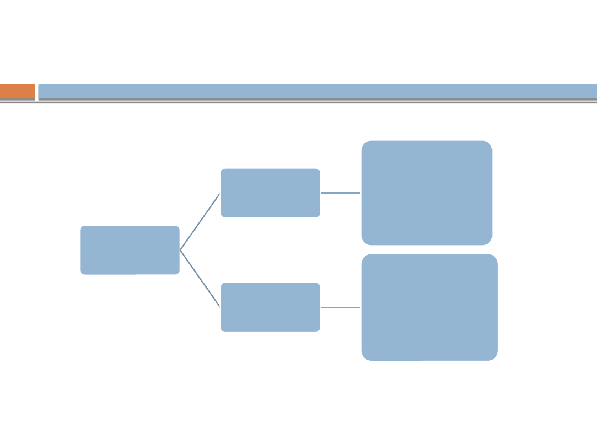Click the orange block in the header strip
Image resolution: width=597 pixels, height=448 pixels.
pos(17,91)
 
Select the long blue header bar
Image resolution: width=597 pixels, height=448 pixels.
pos(317,91)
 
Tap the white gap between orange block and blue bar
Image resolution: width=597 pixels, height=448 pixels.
pos(36,91)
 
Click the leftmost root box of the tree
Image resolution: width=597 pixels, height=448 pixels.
pos(130,250)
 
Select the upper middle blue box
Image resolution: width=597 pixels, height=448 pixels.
pos(270,193)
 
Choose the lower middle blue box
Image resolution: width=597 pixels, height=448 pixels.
pos(270,308)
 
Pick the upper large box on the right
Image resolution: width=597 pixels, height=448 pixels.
pos(427,193)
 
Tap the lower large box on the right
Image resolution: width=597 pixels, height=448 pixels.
pos(430,308)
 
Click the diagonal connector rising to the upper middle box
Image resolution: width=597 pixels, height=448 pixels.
pos(200,222)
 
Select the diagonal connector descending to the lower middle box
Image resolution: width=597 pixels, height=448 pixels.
pos(200,278)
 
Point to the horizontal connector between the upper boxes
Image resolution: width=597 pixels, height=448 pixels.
pos(341,193)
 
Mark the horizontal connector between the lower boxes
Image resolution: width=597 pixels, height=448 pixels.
pos(341,308)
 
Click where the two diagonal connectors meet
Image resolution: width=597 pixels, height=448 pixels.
pos(180,250)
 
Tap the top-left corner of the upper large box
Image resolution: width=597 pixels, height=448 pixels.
pos(364,144)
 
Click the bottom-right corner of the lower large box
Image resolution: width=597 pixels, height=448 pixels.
pos(495,357)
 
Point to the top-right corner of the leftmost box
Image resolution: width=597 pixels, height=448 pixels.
pos(177,227)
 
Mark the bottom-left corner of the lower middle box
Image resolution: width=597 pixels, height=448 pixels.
pos(223,330)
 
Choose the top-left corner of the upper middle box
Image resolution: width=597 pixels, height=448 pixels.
pos(223,170)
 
